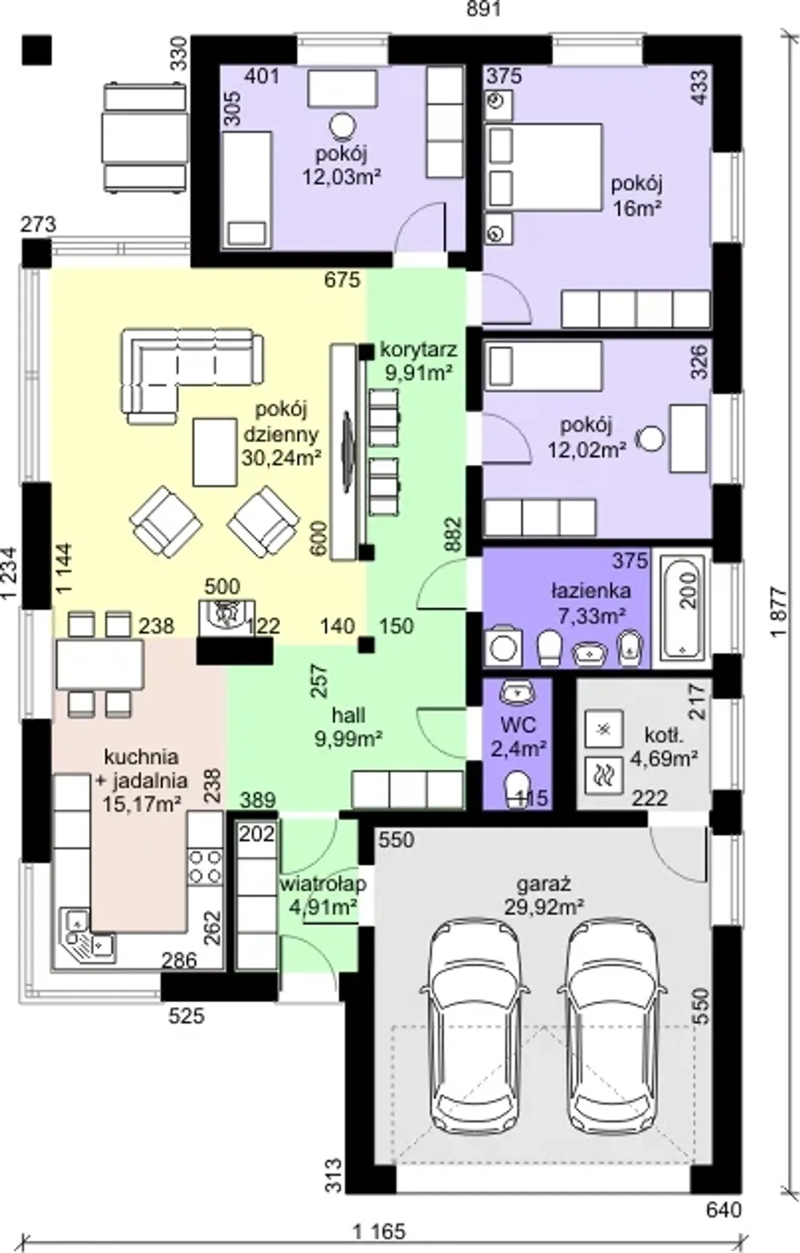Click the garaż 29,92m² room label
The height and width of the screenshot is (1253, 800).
click(x=544, y=895)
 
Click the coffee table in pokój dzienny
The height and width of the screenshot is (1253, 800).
click(x=216, y=452)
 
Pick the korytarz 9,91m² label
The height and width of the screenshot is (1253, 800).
click(x=418, y=360)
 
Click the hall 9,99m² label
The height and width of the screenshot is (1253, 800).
click(x=349, y=726)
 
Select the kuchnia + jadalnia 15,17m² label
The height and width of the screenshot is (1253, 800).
click(x=142, y=779)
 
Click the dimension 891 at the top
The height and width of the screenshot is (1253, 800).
click(x=484, y=10)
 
